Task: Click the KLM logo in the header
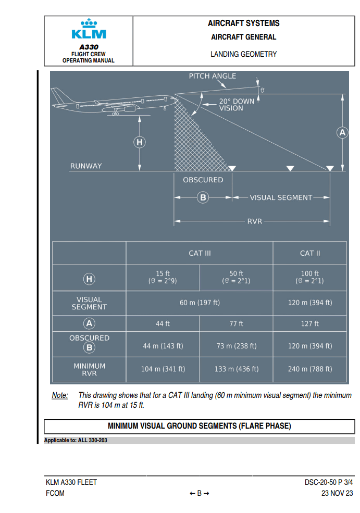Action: [x=89, y=30]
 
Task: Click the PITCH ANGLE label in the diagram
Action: [x=212, y=76]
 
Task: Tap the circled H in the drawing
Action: [x=139, y=142]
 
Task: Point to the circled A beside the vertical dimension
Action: [x=342, y=133]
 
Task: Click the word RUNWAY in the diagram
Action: [x=86, y=166]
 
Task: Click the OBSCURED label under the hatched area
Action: [x=203, y=180]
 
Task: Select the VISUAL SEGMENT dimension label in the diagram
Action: [x=281, y=197]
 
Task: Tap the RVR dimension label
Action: [x=254, y=221]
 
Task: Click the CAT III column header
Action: [x=200, y=253]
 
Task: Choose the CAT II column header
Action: [x=310, y=253]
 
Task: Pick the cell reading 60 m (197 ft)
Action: [x=200, y=303]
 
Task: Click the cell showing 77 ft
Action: [x=237, y=323]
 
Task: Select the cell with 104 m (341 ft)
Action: [x=163, y=369]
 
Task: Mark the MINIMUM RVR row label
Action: [x=89, y=369]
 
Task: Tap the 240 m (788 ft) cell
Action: [x=310, y=369]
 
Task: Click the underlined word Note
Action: [x=59, y=395]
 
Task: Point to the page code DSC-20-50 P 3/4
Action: [x=329, y=482]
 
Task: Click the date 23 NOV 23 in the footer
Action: [x=337, y=493]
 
